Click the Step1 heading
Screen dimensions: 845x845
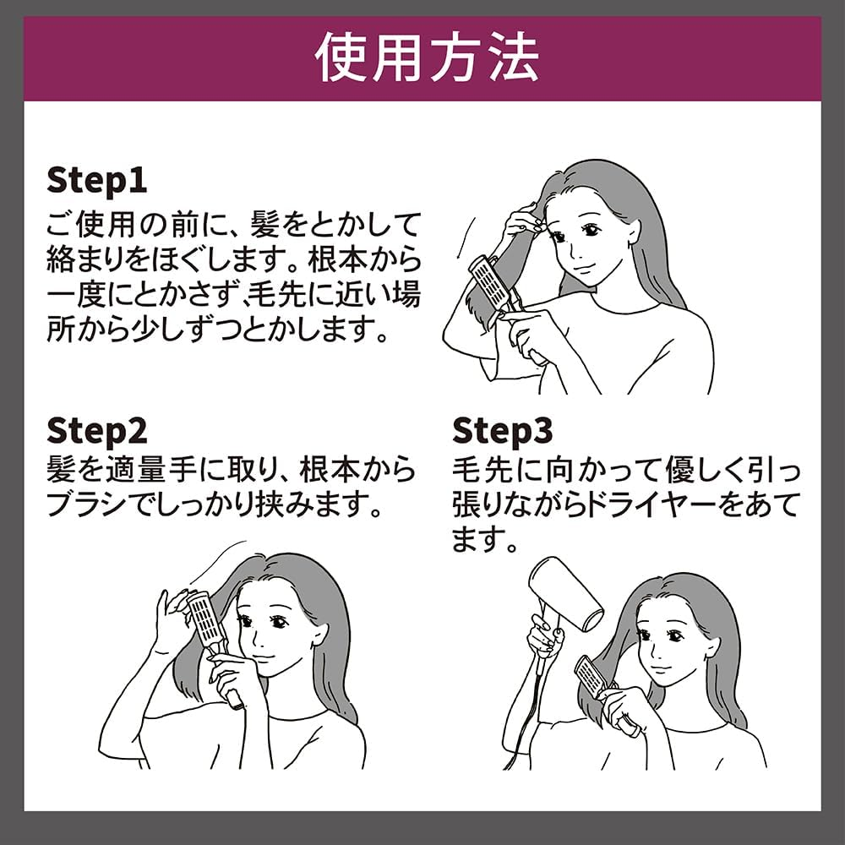click(x=96, y=180)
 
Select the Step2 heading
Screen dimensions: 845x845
click(x=96, y=430)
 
